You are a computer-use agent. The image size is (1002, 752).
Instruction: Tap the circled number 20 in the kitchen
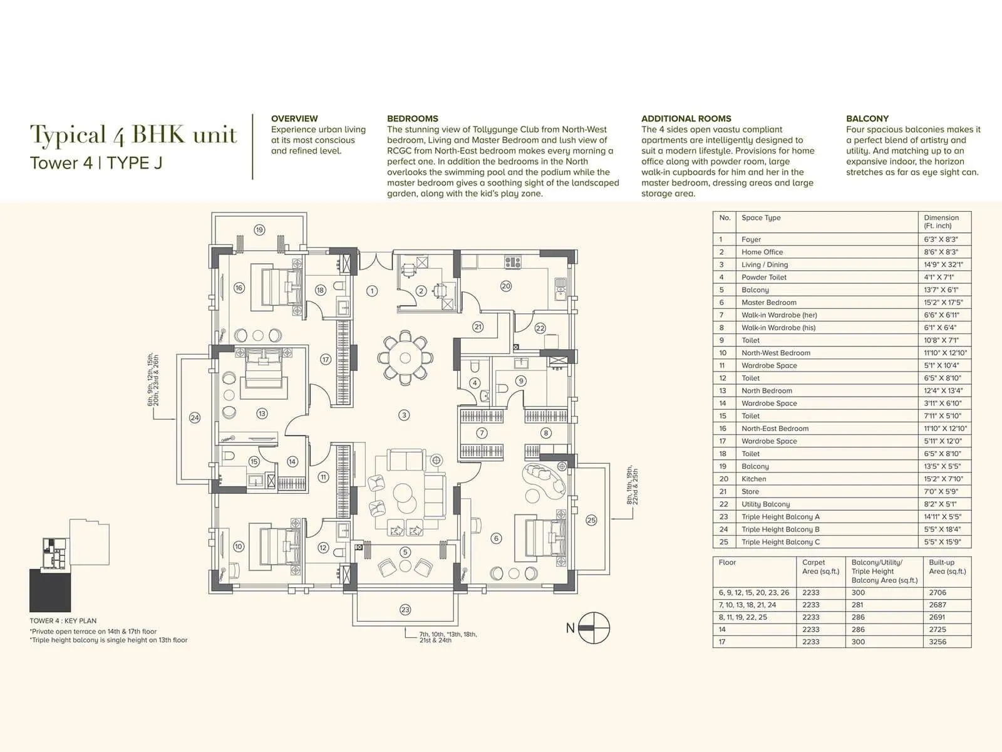click(506, 286)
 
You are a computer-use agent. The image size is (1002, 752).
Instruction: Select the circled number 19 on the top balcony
click(259, 230)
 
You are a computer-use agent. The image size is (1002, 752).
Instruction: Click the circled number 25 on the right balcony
click(591, 520)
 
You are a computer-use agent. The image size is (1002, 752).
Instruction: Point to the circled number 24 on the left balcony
click(195, 417)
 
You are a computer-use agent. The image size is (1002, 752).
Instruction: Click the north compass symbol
click(594, 627)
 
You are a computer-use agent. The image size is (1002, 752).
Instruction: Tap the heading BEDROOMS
click(412, 118)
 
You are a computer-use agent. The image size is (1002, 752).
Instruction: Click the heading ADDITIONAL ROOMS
click(686, 118)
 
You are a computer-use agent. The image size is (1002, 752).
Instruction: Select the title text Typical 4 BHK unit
click(134, 135)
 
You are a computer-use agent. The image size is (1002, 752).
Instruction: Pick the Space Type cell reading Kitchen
click(753, 479)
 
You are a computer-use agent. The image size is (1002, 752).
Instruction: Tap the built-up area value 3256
click(938, 642)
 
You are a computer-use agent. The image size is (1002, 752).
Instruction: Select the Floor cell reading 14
click(722, 629)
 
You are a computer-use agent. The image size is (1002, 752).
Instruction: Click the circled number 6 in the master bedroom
click(497, 538)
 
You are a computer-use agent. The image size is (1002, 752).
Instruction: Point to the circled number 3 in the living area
click(405, 415)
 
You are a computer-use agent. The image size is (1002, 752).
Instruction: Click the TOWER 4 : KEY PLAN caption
click(63, 621)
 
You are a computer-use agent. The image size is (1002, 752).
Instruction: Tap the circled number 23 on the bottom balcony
click(405, 609)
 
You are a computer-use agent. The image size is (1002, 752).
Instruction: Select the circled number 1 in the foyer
click(372, 291)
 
